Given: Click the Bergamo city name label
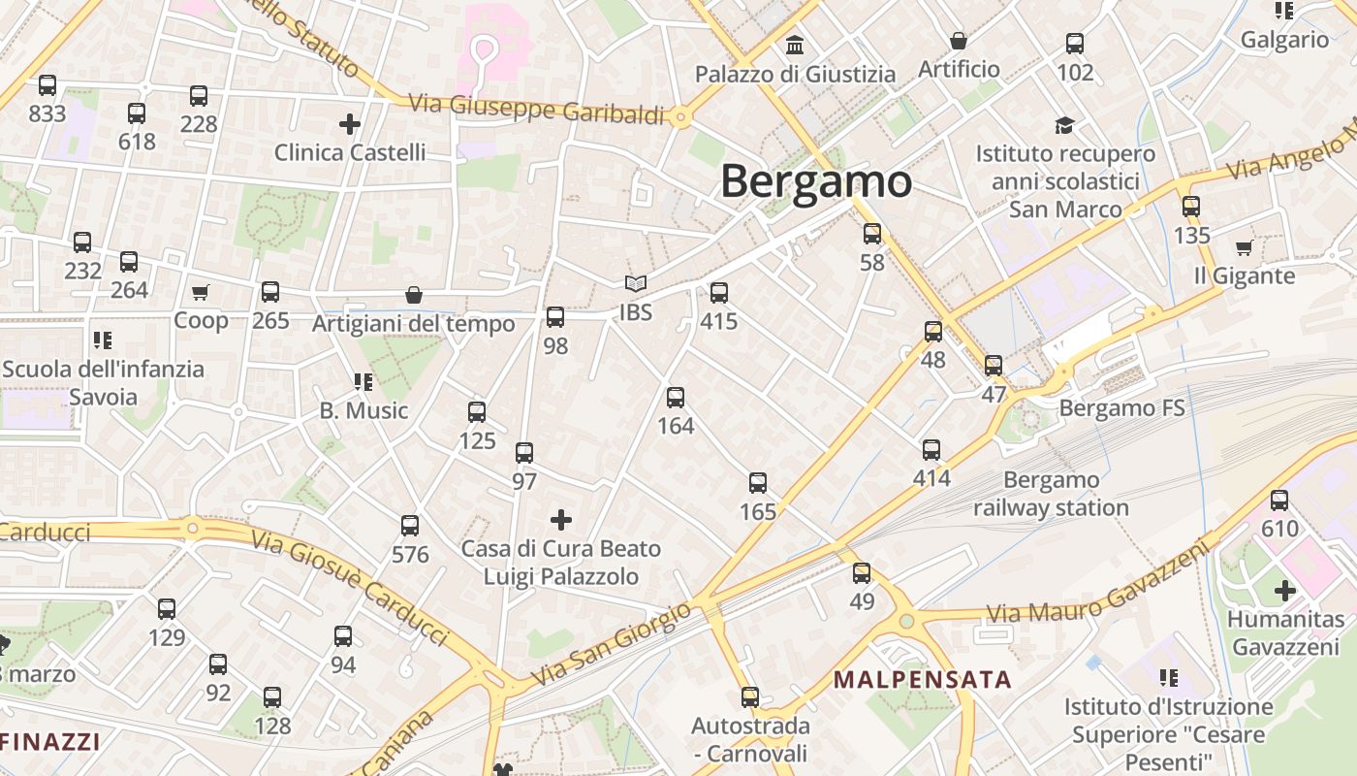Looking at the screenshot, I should coord(816,181).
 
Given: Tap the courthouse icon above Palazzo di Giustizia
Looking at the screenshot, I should coord(795,45).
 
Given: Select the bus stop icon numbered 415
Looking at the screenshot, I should coord(718,292).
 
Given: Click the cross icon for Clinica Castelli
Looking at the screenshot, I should coord(350,124).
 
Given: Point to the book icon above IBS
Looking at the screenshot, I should coord(635,283).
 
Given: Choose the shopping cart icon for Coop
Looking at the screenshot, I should coord(201,292).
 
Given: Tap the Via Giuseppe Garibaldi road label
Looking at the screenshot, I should coord(536,109).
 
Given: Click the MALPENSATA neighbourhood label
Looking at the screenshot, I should coord(922,679).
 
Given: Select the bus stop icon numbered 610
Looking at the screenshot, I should coord(1279,501).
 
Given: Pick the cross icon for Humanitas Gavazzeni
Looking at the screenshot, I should coord(1285,590).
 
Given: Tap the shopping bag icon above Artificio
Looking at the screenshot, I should coord(959,41).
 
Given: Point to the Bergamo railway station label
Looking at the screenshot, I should coord(1051,494).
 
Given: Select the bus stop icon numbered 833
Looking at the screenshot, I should coord(47,85).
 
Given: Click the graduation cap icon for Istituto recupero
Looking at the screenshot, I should coord(1064,125).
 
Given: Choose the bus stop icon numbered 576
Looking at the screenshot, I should coord(410,526).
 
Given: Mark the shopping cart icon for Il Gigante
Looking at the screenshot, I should coord(1244,247).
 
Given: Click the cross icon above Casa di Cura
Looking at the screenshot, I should coord(560,520).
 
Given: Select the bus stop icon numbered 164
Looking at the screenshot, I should coord(676,397).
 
